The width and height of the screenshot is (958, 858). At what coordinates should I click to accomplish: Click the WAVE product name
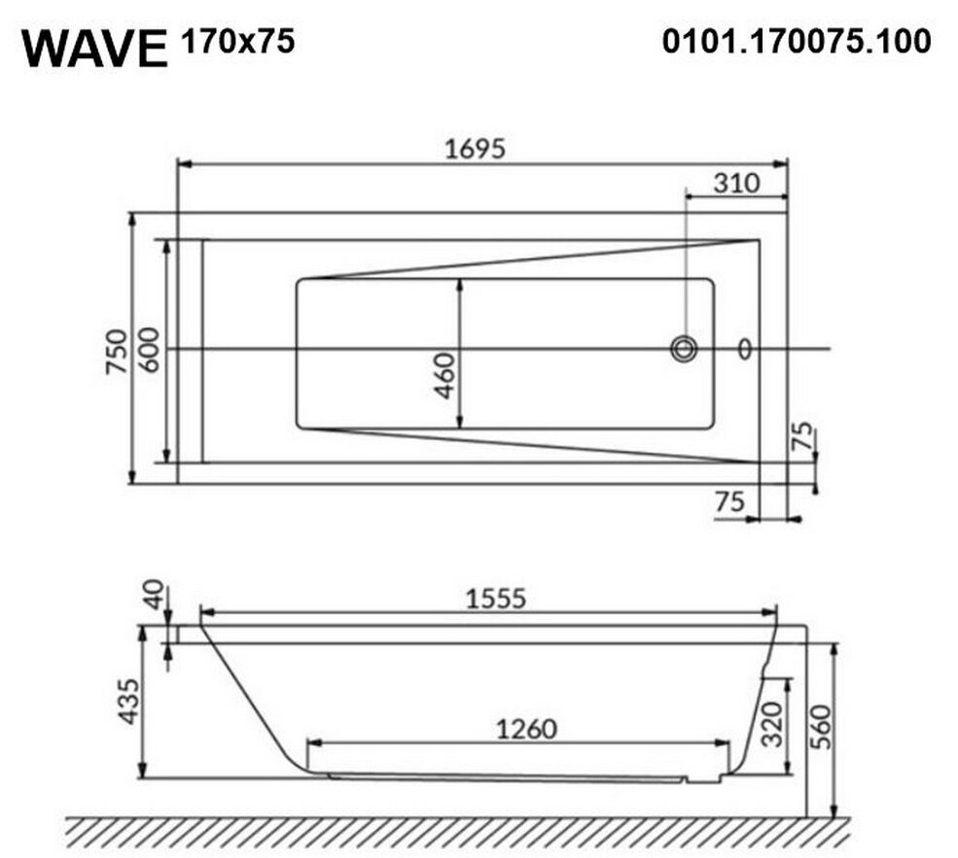(94, 49)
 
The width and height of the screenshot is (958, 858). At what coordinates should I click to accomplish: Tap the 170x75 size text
(237, 42)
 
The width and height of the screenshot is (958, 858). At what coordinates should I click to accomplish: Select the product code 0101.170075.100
(797, 42)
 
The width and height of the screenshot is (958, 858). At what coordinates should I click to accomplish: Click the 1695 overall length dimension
(476, 149)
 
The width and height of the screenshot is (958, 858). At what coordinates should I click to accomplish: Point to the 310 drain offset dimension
(736, 183)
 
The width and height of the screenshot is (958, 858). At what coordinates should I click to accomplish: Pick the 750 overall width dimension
(117, 352)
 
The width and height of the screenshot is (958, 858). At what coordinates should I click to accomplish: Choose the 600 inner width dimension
(149, 350)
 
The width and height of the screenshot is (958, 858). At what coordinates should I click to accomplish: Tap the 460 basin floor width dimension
(445, 375)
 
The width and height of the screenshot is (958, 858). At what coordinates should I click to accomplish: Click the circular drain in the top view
(684, 349)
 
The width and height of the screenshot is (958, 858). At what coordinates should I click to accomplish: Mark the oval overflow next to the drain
(745, 349)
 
